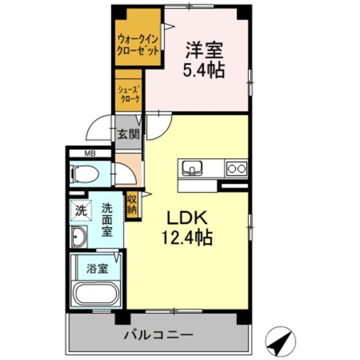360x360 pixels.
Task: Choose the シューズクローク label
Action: point(130,93)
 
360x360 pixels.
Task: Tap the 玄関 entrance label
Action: point(128,135)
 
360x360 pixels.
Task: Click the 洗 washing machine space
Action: point(81,211)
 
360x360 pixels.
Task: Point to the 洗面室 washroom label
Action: point(107,220)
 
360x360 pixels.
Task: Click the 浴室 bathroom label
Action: point(95,265)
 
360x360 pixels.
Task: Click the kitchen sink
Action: point(192,168)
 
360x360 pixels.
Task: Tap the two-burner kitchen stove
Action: point(235,169)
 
